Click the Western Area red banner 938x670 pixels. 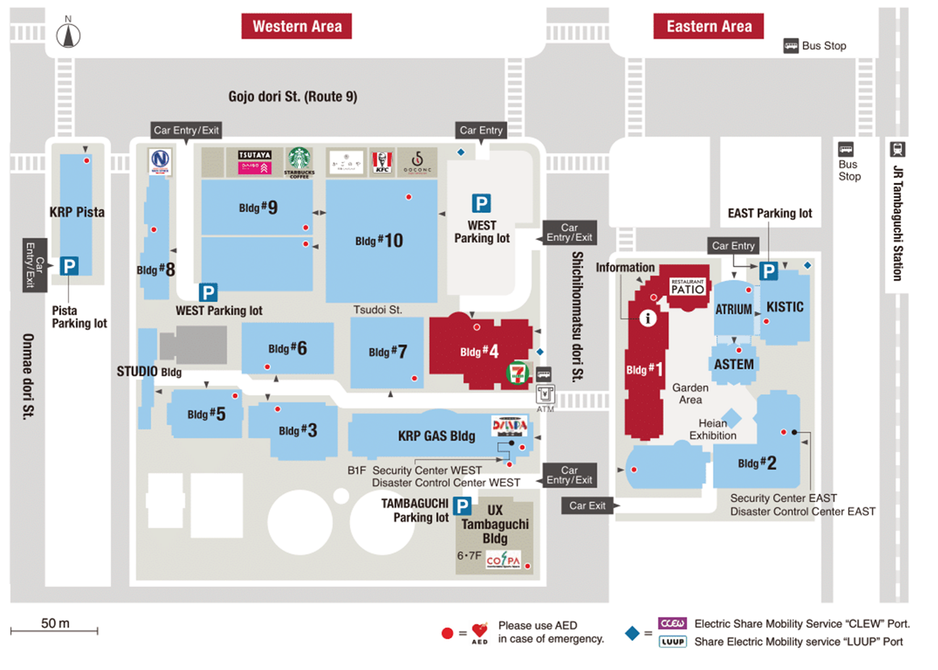296,26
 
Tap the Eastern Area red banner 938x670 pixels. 708,26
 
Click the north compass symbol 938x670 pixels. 68,35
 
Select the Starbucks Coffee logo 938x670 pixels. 299,161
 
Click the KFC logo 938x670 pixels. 382,162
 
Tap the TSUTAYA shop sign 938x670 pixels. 255,155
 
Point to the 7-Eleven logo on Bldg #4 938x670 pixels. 517,373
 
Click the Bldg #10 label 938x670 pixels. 379,241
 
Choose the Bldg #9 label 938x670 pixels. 258,208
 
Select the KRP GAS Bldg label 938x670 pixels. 436,436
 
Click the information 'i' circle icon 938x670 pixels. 647,318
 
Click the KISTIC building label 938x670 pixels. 785,307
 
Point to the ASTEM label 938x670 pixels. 734,364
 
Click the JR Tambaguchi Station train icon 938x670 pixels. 897,149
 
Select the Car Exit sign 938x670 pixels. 587,505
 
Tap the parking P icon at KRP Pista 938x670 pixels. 69,266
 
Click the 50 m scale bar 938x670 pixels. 54,630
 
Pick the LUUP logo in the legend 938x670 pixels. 672,642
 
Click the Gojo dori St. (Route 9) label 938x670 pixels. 293,96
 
